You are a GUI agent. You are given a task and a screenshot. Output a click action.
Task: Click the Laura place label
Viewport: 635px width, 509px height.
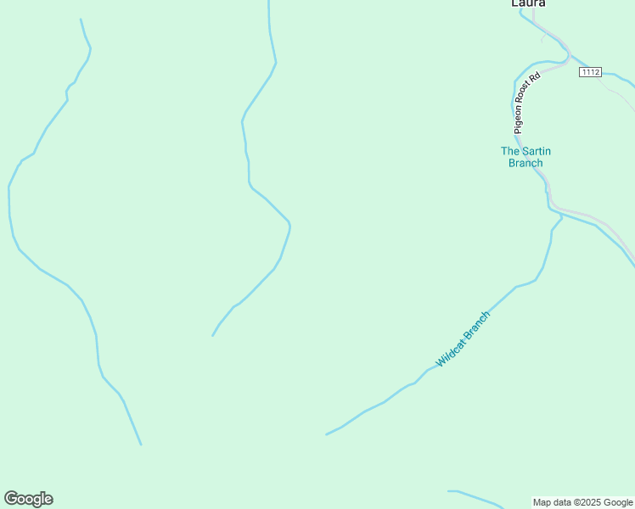click(527, 3)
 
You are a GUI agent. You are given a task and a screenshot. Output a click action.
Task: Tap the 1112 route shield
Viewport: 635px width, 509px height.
click(590, 72)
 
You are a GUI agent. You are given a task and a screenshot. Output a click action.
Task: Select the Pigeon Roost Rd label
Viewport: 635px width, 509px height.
click(526, 103)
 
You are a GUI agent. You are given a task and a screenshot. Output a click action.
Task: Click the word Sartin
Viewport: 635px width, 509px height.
click(535, 151)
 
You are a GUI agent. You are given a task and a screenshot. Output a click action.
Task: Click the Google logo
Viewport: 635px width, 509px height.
click(28, 499)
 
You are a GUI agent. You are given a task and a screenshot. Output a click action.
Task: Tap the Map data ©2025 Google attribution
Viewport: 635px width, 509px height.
click(582, 502)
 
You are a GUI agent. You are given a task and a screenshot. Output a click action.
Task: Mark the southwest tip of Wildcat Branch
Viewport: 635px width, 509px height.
click(327, 434)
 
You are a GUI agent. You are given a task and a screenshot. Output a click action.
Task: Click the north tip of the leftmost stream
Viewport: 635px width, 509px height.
click(81, 20)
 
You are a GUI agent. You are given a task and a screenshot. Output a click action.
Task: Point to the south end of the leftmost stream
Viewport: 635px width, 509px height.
click(141, 444)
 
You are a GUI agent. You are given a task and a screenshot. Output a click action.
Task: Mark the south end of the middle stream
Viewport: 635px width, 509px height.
click(212, 335)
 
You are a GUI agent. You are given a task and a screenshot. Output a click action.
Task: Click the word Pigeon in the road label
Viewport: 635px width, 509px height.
click(519, 119)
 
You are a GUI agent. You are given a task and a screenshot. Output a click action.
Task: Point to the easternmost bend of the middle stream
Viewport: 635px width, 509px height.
click(290, 226)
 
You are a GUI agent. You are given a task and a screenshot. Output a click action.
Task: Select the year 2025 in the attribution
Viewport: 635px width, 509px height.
click(592, 502)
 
